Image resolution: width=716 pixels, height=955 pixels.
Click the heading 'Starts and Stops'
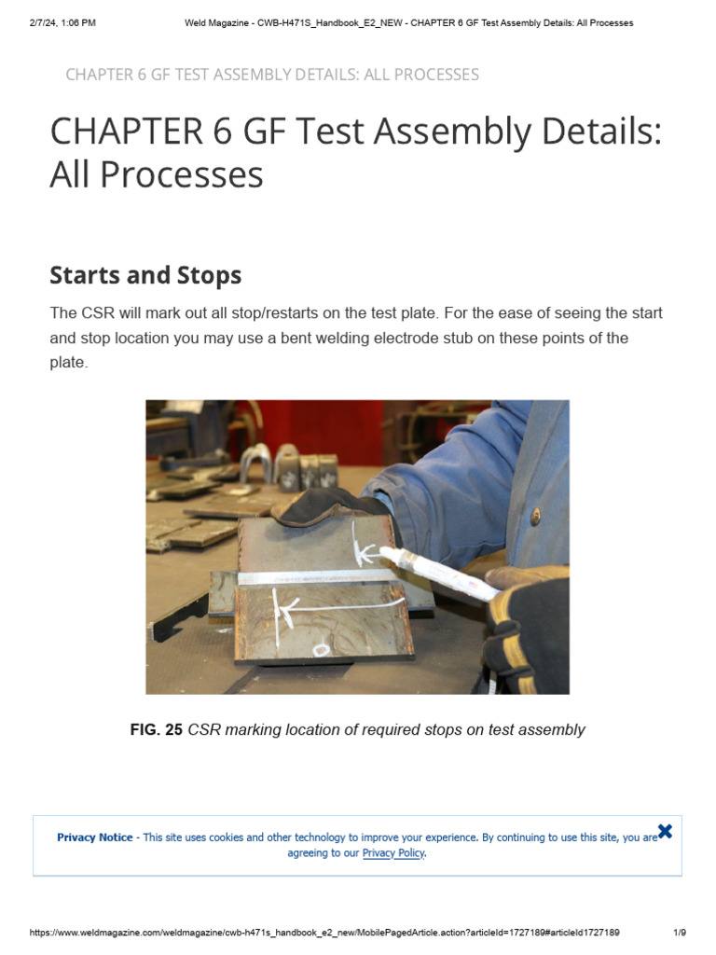pos(145,275)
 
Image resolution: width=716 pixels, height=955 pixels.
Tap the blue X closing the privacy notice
pos(665,831)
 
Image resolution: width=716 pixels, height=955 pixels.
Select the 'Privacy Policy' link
pos(392,853)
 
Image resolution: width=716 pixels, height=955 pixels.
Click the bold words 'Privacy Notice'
pos(95,837)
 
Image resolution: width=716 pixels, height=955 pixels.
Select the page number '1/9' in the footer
pos(680,933)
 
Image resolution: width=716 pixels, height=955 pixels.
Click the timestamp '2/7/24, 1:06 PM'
pos(62,22)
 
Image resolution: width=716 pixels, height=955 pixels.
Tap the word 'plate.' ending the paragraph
pos(68,362)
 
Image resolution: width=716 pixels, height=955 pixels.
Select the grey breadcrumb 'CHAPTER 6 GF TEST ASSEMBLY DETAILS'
pos(271,75)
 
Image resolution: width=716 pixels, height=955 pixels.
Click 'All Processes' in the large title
pos(157,174)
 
